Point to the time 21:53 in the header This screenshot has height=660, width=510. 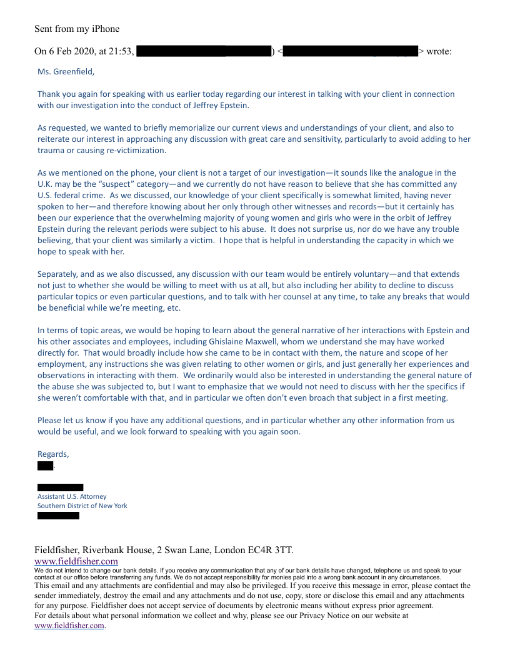(121, 51)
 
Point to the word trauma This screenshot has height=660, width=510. (51, 151)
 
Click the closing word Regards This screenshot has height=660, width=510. (52, 454)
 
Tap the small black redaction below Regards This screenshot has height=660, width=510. (45, 466)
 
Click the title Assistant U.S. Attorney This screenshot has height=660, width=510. (72, 496)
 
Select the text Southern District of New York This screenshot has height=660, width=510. (82, 506)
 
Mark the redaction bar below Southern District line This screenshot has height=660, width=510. (58, 516)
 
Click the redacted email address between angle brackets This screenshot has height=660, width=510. (350, 51)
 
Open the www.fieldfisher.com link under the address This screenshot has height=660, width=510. (76, 561)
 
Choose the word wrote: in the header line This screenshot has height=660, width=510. (439, 51)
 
